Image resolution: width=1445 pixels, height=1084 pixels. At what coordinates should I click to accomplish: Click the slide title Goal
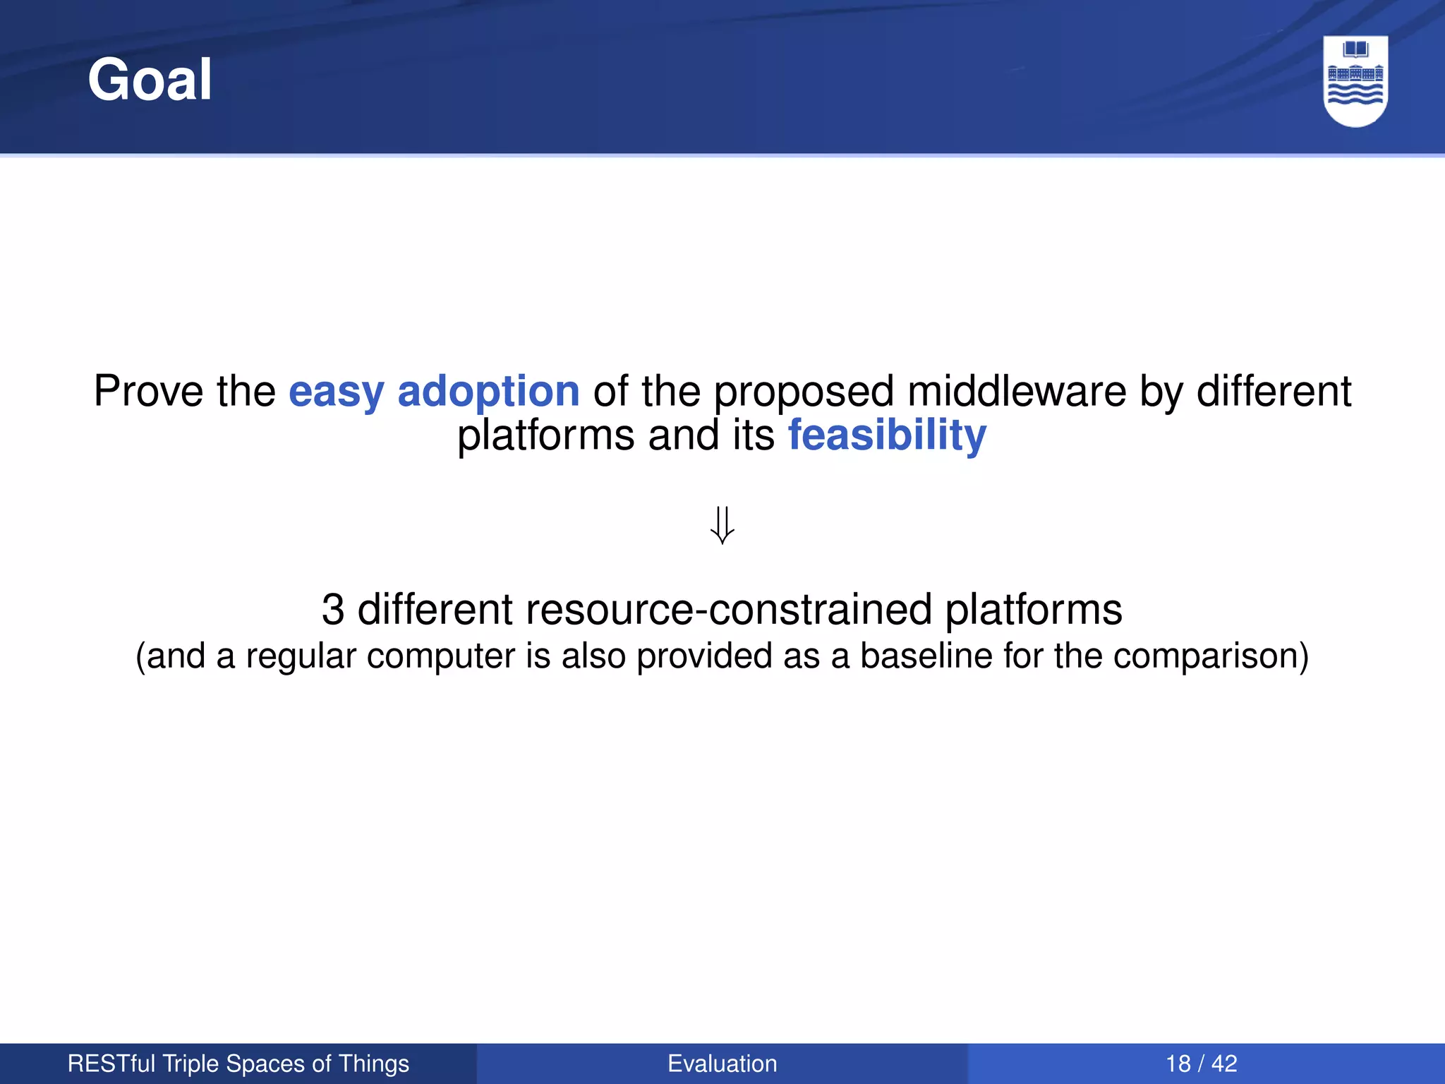(x=150, y=80)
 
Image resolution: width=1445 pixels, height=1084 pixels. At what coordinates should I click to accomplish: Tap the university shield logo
(x=1355, y=80)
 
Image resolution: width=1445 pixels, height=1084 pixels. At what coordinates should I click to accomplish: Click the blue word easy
(x=336, y=392)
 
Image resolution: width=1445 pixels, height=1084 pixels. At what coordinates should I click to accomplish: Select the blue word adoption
(x=488, y=392)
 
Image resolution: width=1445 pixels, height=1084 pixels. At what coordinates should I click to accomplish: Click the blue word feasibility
(x=887, y=435)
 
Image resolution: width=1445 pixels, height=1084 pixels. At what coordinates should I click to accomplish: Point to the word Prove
(x=150, y=392)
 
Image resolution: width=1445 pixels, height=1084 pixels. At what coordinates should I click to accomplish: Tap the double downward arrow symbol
(x=722, y=525)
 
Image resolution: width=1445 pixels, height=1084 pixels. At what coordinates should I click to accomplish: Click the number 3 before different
(x=333, y=609)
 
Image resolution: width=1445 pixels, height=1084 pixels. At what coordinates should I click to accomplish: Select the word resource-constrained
(x=728, y=609)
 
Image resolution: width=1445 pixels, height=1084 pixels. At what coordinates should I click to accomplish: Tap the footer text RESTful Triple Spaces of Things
(x=238, y=1064)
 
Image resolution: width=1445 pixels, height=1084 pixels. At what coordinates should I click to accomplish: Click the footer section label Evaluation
(x=722, y=1064)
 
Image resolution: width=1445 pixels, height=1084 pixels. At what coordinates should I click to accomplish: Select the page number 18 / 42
(x=1202, y=1064)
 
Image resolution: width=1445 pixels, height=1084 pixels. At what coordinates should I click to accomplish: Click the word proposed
(x=804, y=392)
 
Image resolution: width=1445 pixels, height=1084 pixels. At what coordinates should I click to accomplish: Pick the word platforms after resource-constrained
(x=1033, y=609)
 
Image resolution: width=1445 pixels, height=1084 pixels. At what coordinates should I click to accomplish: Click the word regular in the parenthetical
(x=301, y=656)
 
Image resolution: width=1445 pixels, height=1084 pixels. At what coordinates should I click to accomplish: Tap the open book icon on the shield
(x=1355, y=49)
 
